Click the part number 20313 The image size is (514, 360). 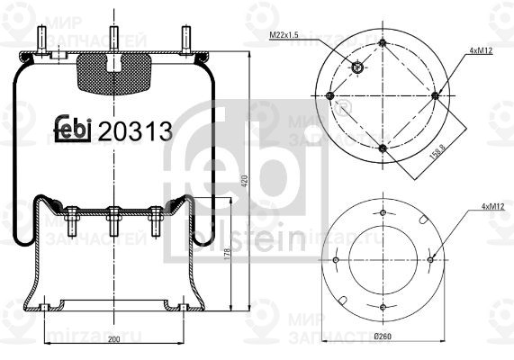tap(135, 131)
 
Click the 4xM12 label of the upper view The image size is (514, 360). tap(481, 52)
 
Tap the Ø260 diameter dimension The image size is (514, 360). tap(383, 337)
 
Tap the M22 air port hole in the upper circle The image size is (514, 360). tap(357, 67)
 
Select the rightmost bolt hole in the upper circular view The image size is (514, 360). tap(435, 94)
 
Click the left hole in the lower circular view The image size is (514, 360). tap(336, 262)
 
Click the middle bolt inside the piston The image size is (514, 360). tap(113, 220)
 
